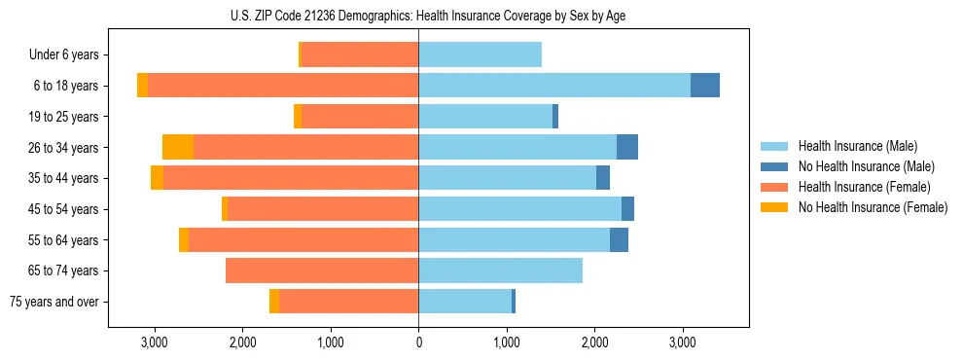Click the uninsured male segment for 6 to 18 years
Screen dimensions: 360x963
click(x=705, y=86)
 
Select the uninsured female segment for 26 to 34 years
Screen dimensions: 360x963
click(x=178, y=147)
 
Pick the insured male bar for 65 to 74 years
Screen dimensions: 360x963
click(x=500, y=270)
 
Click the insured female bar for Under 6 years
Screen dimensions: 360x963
click(x=360, y=55)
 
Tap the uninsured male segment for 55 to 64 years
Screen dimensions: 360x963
click(x=619, y=239)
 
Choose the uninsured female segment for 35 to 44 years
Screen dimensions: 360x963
click(x=157, y=178)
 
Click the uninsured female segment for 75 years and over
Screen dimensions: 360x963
click(x=274, y=302)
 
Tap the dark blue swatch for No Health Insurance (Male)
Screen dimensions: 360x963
click(x=773, y=166)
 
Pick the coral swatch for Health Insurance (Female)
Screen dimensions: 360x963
click(x=773, y=187)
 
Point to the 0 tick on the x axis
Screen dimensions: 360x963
click(x=418, y=342)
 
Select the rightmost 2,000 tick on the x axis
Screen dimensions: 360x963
click(x=594, y=342)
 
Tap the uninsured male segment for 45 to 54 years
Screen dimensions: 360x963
click(x=627, y=209)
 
